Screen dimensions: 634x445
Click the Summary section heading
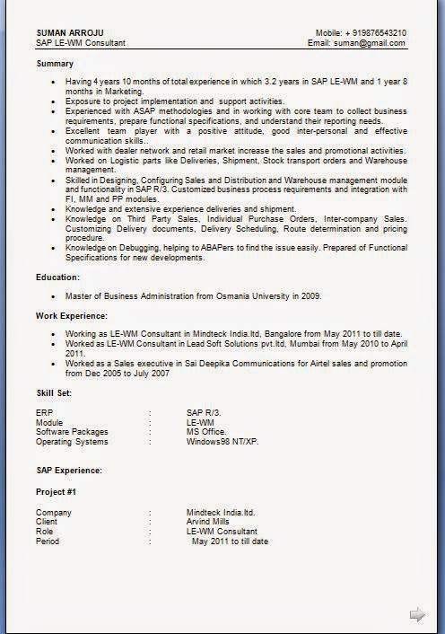(55, 64)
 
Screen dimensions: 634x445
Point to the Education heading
(58, 277)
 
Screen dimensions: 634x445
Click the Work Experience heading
(72, 315)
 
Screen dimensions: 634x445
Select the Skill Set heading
(54, 392)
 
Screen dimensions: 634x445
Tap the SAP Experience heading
(69, 470)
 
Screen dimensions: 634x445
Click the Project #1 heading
(56, 492)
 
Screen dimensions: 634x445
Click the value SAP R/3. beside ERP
(204, 412)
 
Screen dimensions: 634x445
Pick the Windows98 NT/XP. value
(222, 442)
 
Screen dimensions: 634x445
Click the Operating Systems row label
(72, 442)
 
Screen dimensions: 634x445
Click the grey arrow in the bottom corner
(417, 614)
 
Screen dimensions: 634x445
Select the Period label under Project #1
(48, 542)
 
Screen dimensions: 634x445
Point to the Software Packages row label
(72, 432)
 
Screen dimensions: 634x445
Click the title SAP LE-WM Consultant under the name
(81, 42)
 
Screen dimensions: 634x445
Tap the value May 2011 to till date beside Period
(230, 542)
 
